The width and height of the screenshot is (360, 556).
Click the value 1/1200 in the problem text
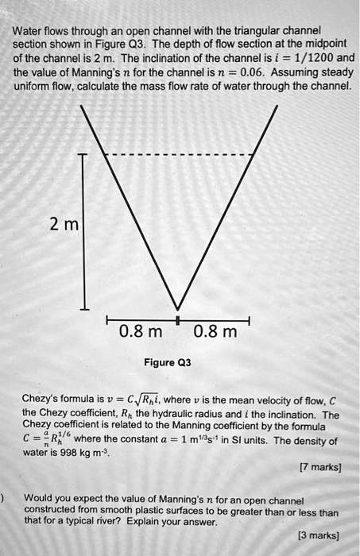coord(312,60)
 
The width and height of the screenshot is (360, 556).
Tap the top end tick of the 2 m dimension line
coord(84,154)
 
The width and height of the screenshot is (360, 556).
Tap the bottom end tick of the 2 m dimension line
coord(84,309)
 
